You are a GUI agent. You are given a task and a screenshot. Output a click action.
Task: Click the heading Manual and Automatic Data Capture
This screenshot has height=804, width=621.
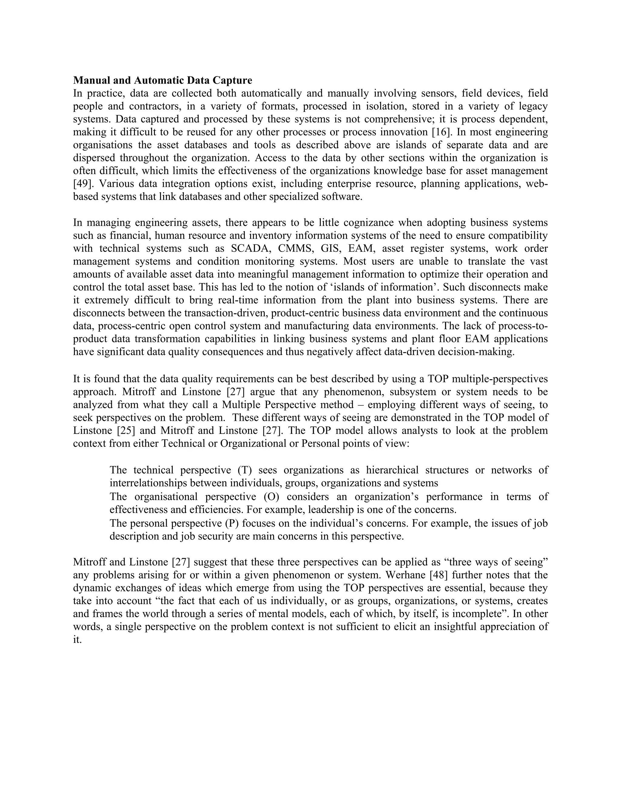click(163, 80)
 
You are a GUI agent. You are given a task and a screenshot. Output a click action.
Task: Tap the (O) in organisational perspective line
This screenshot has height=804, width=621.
click(271, 497)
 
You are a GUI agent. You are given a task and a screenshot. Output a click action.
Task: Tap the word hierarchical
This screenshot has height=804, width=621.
click(392, 470)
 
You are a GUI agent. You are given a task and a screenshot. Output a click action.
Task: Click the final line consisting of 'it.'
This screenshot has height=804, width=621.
click(77, 640)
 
